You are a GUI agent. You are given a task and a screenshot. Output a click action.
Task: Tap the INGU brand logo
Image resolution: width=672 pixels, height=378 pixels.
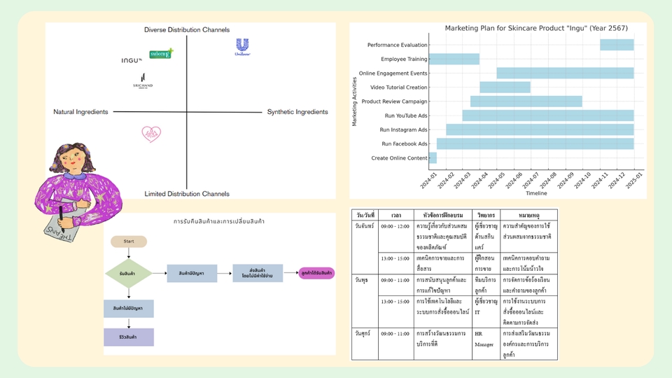132,60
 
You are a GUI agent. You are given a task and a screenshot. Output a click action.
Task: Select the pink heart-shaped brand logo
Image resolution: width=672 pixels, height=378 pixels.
151,133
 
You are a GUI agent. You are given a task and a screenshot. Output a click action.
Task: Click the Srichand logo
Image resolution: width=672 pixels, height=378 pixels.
143,80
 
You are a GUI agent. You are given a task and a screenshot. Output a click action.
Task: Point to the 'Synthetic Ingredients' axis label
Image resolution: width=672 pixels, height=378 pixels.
297,112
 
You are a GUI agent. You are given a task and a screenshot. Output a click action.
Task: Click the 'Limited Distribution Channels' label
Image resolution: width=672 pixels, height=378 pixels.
187,194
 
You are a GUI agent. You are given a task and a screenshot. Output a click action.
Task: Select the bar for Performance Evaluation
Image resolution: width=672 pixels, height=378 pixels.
617,45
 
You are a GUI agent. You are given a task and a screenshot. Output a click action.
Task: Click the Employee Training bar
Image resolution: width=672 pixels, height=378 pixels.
454,59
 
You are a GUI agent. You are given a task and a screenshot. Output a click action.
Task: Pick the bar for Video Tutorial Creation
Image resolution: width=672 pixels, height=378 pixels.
505,87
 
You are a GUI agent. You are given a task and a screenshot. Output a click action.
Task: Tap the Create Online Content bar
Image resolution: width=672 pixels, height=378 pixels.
433,158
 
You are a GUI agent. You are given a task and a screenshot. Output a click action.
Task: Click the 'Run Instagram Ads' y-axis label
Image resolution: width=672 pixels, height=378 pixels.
403,129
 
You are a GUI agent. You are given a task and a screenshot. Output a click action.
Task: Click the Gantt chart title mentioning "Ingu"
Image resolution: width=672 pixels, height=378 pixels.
536,28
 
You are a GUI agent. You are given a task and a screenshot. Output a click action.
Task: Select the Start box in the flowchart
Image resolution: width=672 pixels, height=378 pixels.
129,241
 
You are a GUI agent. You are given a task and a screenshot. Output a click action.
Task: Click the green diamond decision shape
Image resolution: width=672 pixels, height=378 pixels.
128,274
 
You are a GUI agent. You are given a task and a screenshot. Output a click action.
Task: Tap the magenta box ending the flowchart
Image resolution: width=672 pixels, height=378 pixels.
316,273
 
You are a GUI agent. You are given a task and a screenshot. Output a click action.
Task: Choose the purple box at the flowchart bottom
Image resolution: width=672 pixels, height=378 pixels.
129,337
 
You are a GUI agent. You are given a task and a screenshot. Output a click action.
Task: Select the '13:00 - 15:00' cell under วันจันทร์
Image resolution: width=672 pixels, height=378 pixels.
396,258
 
